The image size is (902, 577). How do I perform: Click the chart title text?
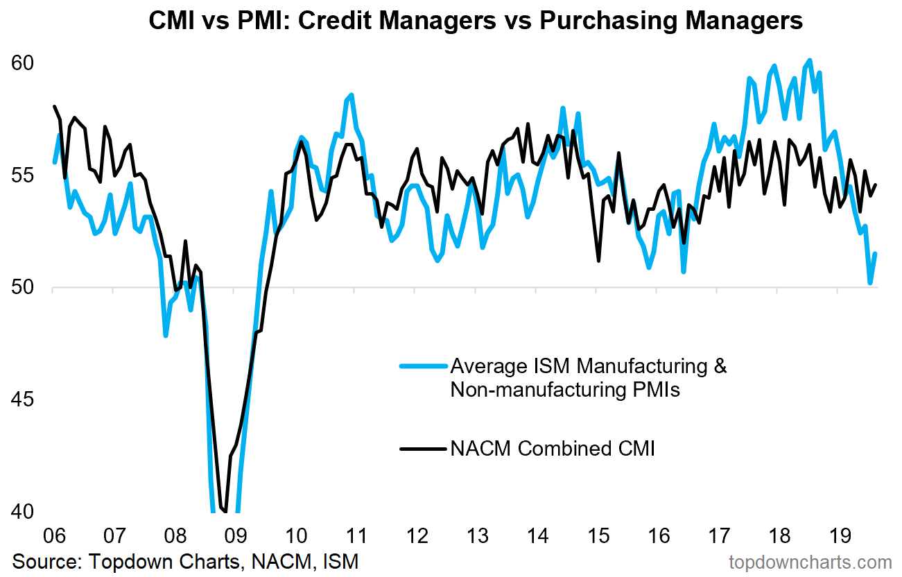(476, 21)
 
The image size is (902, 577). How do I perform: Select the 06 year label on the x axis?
(53, 535)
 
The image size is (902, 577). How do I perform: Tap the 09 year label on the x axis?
(234, 535)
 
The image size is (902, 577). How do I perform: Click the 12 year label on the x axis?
(416, 535)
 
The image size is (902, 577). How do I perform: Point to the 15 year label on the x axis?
(597, 535)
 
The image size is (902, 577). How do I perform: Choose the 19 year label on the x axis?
(838, 535)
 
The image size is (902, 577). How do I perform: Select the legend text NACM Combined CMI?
(553, 449)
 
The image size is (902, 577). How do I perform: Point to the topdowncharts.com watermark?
(810, 562)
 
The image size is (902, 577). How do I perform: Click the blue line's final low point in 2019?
(870, 283)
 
